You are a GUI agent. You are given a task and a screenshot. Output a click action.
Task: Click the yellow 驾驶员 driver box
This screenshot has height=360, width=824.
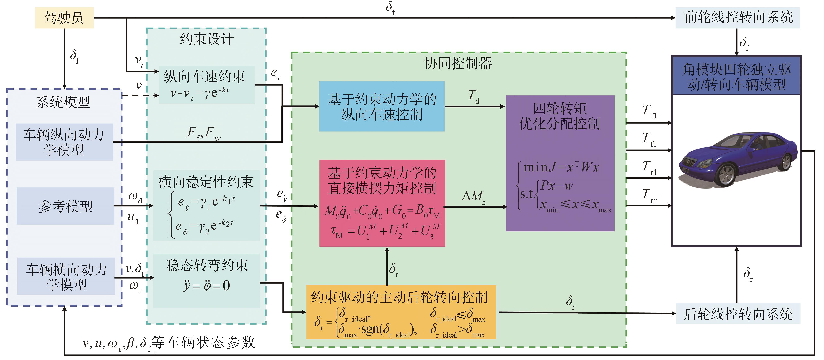coord(64,18)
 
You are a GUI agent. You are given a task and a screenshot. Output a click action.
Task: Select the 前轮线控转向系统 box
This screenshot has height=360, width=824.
coord(738,18)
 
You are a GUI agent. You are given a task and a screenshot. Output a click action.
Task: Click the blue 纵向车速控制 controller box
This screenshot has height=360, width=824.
coord(382,107)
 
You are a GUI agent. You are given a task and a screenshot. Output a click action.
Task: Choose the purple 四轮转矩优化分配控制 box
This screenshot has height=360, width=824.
coord(560,163)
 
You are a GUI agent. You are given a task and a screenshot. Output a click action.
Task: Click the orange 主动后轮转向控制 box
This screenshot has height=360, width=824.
coord(401,312)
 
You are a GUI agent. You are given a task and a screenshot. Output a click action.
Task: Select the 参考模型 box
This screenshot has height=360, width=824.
coord(65,206)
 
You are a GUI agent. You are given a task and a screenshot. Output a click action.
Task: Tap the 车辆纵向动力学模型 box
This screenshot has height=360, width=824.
coord(64,142)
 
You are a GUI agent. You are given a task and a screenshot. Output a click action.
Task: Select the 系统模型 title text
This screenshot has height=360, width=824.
coord(63,102)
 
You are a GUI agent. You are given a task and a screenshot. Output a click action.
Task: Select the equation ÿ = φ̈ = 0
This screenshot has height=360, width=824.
coord(207,285)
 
